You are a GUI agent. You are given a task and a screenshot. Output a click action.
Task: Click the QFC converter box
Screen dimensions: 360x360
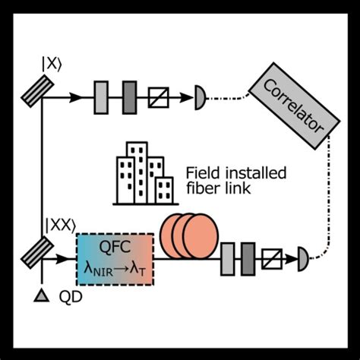pyautogui.click(x=115, y=258)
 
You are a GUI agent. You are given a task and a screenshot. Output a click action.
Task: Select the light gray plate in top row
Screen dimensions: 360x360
pyautogui.click(x=102, y=96)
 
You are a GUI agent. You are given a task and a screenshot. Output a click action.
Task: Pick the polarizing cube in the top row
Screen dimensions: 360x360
pyautogui.click(x=161, y=96)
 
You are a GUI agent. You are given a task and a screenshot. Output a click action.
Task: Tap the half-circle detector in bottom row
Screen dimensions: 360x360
pyautogui.click(x=305, y=259)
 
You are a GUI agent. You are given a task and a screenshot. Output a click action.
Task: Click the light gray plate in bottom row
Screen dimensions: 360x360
pyautogui.click(x=228, y=259)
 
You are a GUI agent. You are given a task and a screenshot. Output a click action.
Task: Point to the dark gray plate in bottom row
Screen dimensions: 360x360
pyautogui.click(x=247, y=259)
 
